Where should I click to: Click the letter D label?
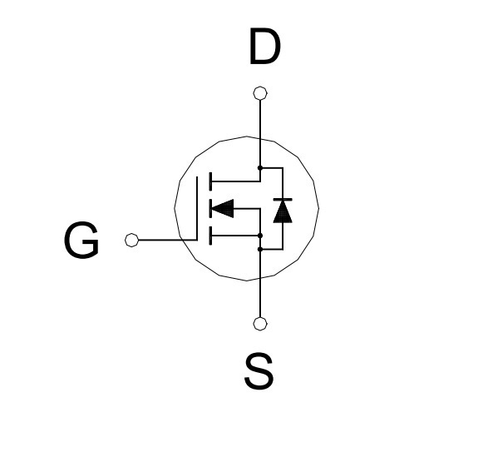[x=264, y=46]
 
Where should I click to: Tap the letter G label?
[x=81, y=240]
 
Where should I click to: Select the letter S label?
[x=259, y=371]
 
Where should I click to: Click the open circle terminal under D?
[x=260, y=93]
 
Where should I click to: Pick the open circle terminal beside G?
[x=131, y=240]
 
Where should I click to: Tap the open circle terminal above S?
[x=260, y=324]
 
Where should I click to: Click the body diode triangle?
[x=283, y=212]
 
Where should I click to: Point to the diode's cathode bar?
[x=283, y=200]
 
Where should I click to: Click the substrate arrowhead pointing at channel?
[x=223, y=209]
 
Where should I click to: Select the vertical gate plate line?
[x=197, y=208]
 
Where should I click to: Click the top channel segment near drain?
[x=210, y=181]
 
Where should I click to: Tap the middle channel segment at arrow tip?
[x=210, y=209]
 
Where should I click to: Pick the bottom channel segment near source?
[x=210, y=236]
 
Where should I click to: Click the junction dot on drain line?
[x=260, y=168]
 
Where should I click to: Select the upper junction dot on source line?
[x=260, y=236]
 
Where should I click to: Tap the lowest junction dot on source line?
[x=260, y=250]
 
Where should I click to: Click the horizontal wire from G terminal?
[x=168, y=240]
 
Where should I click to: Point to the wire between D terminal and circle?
[x=260, y=119]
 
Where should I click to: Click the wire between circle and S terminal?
[x=260, y=298]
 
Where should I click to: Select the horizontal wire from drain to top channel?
[x=236, y=181]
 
